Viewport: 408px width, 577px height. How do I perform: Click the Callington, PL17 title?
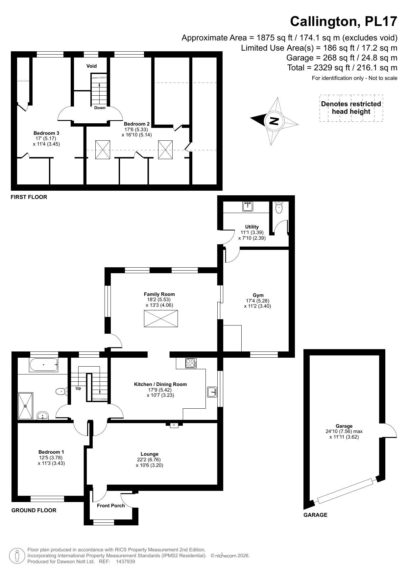click(344, 22)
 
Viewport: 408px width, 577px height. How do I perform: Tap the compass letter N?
click(274, 121)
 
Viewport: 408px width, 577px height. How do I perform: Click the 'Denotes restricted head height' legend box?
click(351, 108)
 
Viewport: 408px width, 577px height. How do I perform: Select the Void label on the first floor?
click(91, 66)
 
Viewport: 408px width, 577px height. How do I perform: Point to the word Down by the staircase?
click(100, 108)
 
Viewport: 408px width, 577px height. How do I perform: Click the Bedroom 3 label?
click(46, 133)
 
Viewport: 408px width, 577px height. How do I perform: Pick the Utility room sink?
click(248, 206)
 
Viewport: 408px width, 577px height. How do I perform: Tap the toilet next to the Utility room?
click(279, 207)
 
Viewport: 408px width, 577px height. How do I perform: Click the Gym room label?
click(258, 295)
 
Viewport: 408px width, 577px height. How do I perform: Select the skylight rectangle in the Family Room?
click(161, 319)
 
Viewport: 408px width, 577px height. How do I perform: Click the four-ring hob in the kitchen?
click(191, 363)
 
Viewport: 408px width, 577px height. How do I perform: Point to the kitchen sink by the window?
click(212, 392)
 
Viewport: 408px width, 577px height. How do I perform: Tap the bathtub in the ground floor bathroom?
click(44, 365)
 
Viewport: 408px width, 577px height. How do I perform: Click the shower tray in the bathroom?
click(25, 406)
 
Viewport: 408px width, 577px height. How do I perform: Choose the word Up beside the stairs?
click(78, 388)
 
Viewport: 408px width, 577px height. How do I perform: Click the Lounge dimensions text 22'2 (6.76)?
click(149, 460)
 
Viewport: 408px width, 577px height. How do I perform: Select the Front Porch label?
click(111, 506)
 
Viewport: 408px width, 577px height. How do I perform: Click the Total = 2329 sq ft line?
click(342, 68)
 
